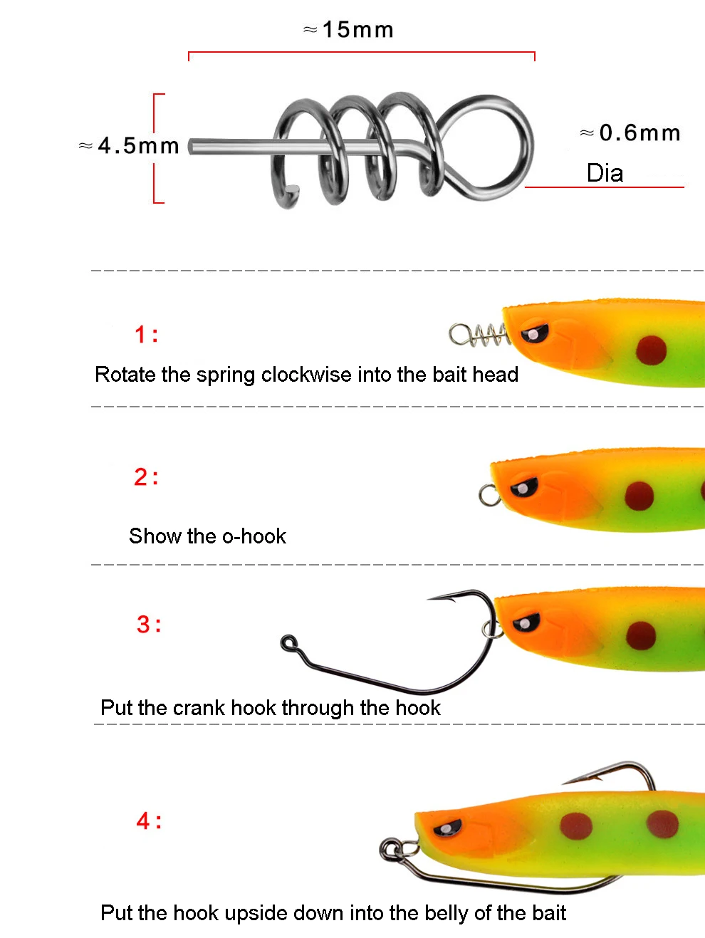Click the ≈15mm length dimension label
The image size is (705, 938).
pos(348,30)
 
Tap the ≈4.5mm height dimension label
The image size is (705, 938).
pos(129,145)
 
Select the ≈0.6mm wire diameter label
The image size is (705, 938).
pos(630,132)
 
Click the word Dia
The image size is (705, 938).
pos(605,173)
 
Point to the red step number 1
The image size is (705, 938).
pos(140,334)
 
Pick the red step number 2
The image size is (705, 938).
pos(140,476)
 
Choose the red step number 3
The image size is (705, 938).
pos(143,624)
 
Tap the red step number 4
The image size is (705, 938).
pos(143,821)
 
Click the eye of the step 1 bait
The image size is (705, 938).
pos(535,333)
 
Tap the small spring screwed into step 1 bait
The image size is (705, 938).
pos(479,335)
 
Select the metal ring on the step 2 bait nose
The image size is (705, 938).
pos(490,495)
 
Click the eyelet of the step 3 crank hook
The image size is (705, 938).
pos(288,642)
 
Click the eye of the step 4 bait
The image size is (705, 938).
pos(447,829)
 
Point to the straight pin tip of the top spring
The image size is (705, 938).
pos(192,147)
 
